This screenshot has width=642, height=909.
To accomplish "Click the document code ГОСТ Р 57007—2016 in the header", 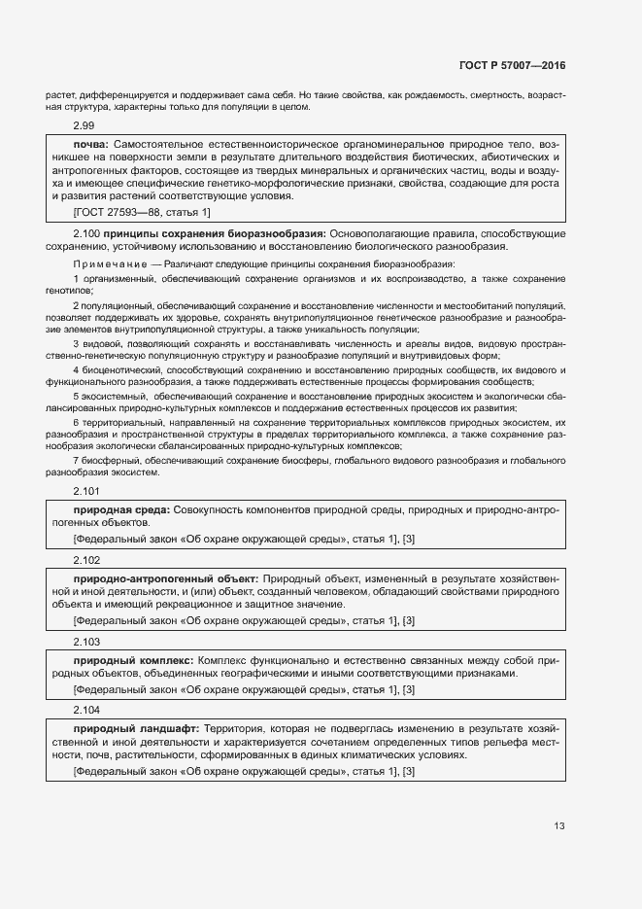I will [511, 67].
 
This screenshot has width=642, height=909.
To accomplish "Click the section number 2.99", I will [84, 126].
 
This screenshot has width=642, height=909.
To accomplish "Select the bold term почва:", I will [92, 144].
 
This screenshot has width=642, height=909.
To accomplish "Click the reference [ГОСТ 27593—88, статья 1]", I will [142, 211].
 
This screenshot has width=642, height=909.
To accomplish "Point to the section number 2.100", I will [86, 234].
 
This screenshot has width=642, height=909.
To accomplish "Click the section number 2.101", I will [86, 492].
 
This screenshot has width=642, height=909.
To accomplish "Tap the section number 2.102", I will [86, 560].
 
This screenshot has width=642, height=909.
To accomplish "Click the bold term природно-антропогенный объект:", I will [166, 577].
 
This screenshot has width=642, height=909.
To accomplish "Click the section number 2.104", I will [86, 711].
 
